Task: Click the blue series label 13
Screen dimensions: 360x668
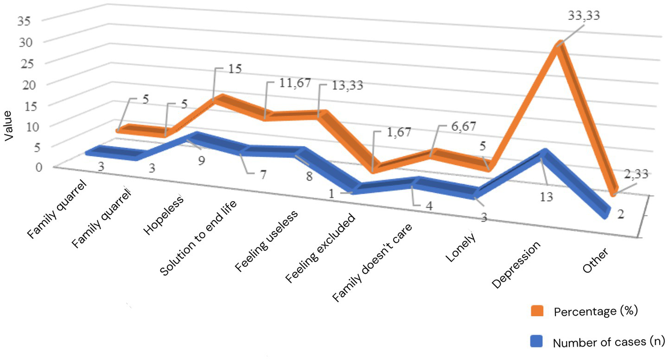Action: click(x=547, y=197)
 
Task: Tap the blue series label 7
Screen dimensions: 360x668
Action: click(x=251, y=175)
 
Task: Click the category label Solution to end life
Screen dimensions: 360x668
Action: click(x=201, y=236)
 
